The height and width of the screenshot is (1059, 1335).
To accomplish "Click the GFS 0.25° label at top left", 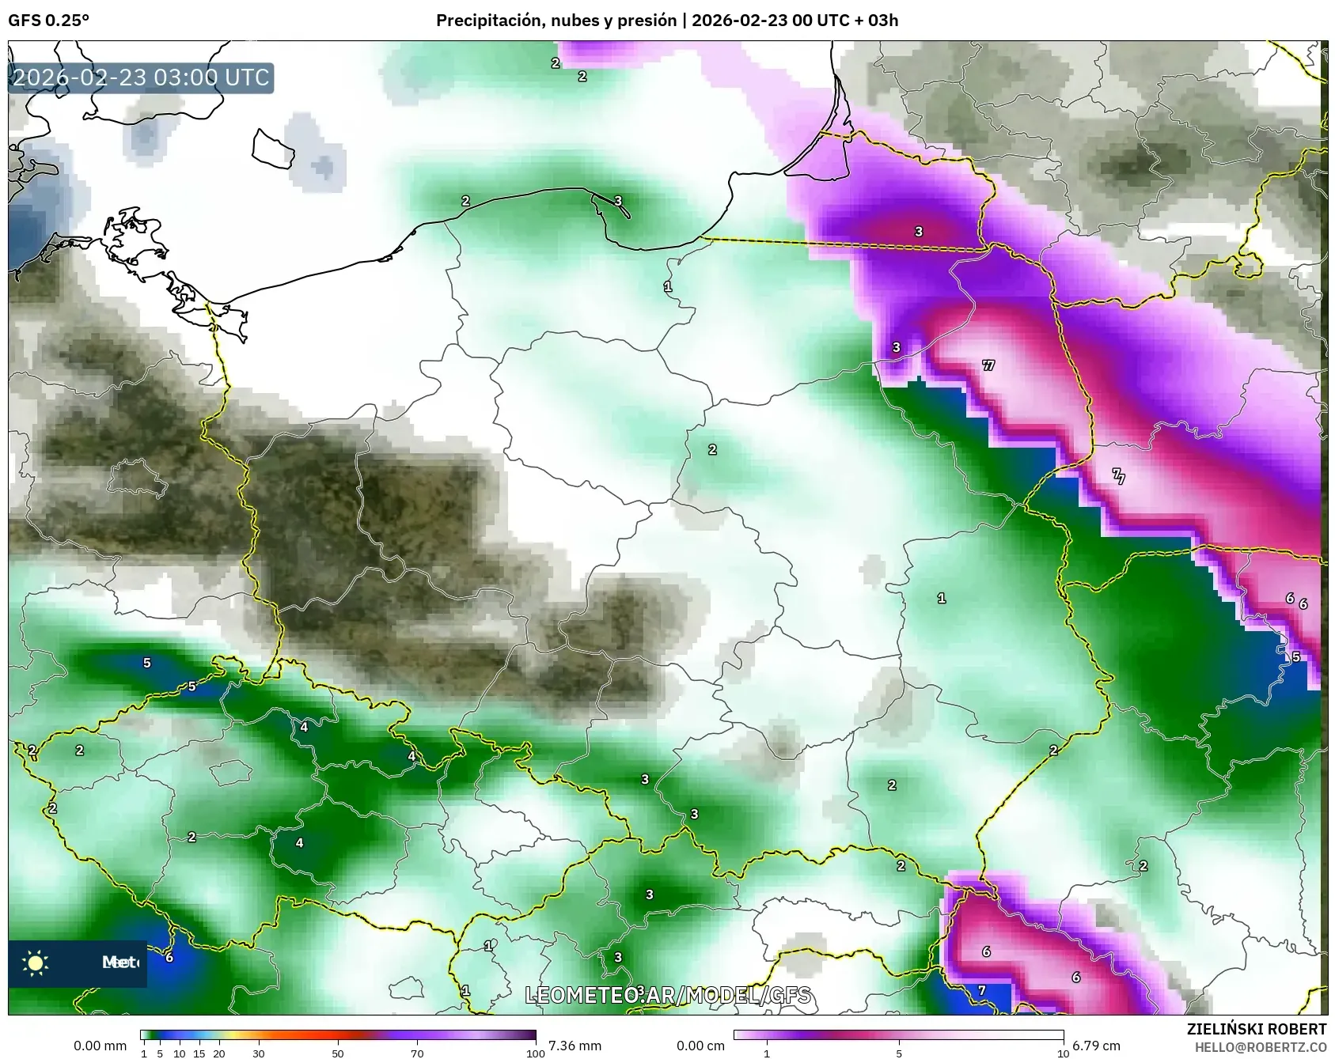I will pyautogui.click(x=48, y=21).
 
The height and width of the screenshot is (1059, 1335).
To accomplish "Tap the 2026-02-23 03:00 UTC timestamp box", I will pyautogui.click(x=141, y=78).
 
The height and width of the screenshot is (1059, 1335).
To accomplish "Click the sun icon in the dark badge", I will pyautogui.click(x=36, y=963).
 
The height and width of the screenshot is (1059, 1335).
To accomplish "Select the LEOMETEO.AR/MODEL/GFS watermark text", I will pyautogui.click(x=669, y=995).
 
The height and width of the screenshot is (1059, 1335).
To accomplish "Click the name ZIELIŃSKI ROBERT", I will pyautogui.click(x=1257, y=1029).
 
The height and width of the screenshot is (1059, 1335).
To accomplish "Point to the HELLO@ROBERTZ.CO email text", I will pyautogui.click(x=1261, y=1047).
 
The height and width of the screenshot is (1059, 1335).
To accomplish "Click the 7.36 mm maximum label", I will pyautogui.click(x=575, y=1046).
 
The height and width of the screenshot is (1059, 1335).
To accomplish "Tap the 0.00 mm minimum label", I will pyautogui.click(x=100, y=1046).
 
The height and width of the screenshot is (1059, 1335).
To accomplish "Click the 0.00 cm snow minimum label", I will pyautogui.click(x=700, y=1046).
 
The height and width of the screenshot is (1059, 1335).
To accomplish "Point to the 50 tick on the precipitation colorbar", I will pyautogui.click(x=338, y=1053).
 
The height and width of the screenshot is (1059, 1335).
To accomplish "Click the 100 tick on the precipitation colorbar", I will pyautogui.click(x=536, y=1053).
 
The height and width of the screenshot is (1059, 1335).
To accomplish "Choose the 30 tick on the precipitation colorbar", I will pyautogui.click(x=259, y=1053).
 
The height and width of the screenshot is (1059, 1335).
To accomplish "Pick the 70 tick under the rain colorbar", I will pyautogui.click(x=417, y=1053).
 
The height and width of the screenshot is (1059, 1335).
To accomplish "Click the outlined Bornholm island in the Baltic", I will pyautogui.click(x=273, y=149).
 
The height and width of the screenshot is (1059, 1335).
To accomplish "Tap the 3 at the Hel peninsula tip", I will pyautogui.click(x=618, y=201).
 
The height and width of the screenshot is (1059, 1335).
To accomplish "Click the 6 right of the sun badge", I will pyautogui.click(x=169, y=957).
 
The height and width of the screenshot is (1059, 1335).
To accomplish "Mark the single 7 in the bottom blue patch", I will pyautogui.click(x=982, y=990).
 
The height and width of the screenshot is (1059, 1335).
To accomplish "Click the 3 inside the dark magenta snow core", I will pyautogui.click(x=919, y=232).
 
